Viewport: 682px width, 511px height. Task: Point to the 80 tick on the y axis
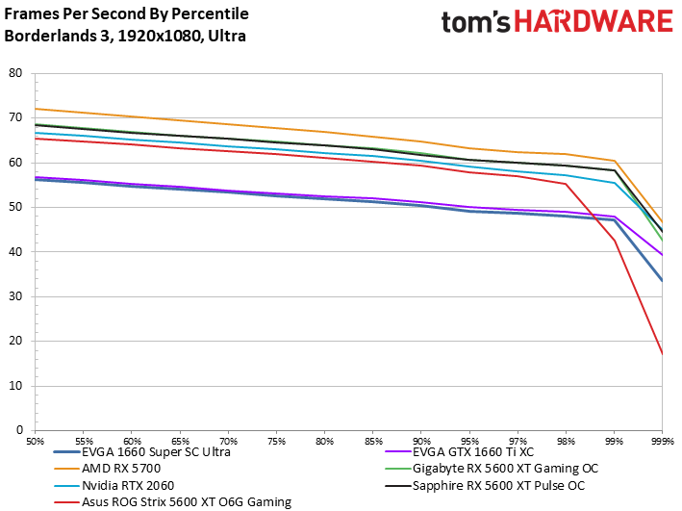15,73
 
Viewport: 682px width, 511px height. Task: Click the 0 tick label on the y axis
18,430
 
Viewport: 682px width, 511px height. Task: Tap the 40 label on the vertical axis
15,252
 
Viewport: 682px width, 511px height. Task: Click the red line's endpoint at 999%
662,354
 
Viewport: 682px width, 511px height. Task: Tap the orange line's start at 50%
37,109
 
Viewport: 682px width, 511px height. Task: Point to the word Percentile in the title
205,13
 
